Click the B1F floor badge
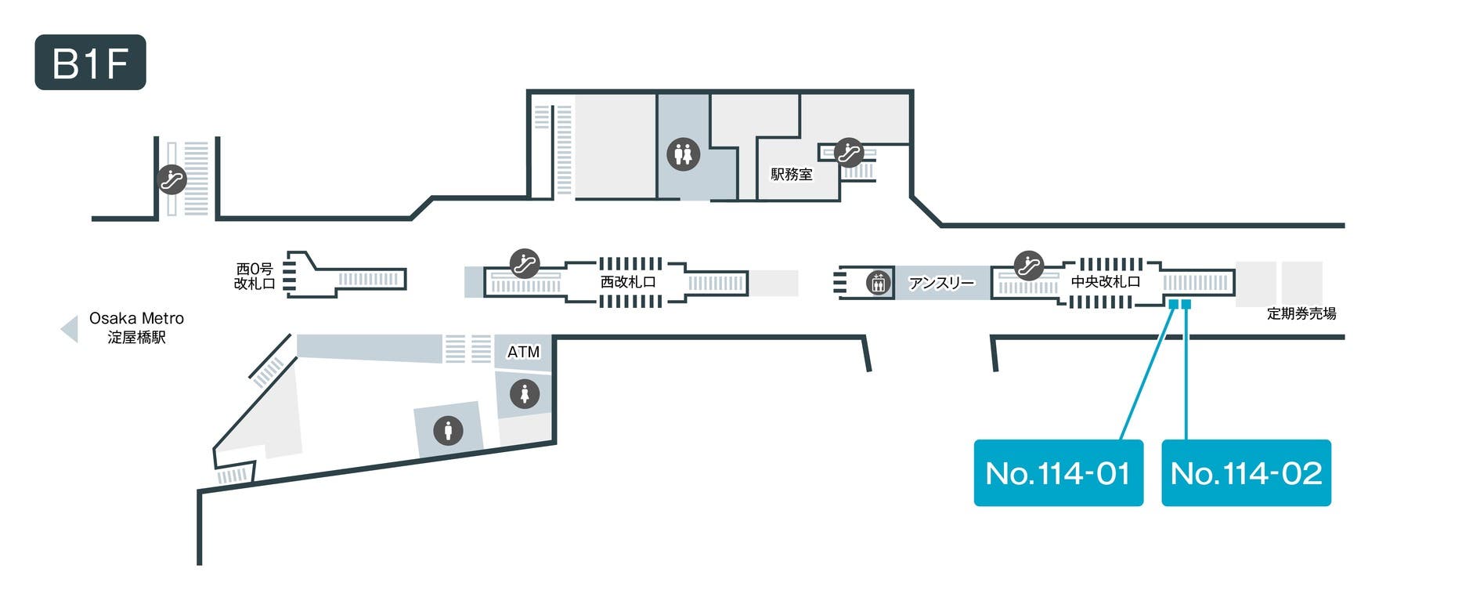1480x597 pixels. click(x=90, y=63)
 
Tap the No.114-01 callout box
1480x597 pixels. click(x=1058, y=472)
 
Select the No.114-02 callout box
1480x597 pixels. click(x=1246, y=472)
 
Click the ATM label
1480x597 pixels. click(x=523, y=352)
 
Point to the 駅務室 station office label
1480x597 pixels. click(x=791, y=174)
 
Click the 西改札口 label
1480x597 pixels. click(x=627, y=281)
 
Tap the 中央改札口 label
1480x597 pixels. click(x=1105, y=281)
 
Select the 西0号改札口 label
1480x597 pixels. click(x=254, y=277)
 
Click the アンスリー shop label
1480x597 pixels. click(x=941, y=282)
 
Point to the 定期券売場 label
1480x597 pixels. click(x=1301, y=313)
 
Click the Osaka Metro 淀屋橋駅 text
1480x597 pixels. click(x=136, y=327)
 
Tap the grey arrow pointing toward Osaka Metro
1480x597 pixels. click(x=70, y=328)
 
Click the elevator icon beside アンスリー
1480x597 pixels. click(x=879, y=282)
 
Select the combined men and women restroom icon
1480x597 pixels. click(x=683, y=154)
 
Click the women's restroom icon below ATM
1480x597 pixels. click(x=524, y=393)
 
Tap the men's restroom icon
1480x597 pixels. click(x=448, y=430)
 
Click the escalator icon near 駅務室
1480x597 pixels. click(x=848, y=152)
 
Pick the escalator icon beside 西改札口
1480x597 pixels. click(x=525, y=263)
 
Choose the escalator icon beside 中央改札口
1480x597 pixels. click(x=1028, y=265)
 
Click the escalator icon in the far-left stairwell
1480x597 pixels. click(x=172, y=180)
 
